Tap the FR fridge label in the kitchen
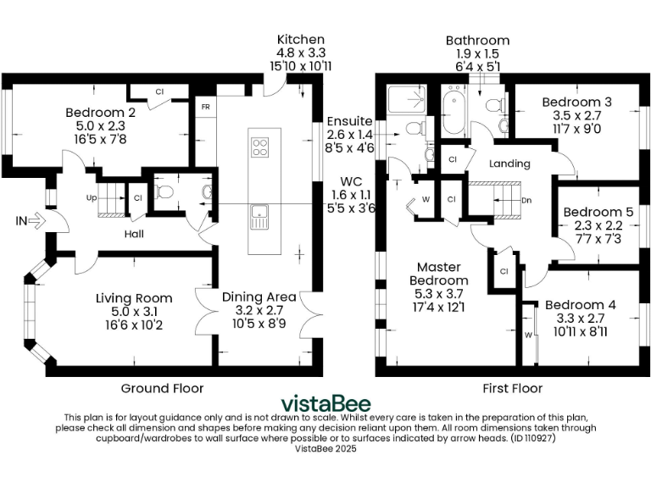tap(205, 108)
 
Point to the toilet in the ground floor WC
tap(166, 192)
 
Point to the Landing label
tap(510, 164)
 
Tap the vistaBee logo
tap(325, 403)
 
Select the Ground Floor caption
tap(161, 388)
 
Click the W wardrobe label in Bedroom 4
tap(530, 335)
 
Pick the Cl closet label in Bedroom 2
tap(159, 91)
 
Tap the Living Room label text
tap(134, 297)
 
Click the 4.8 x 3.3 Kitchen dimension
tap(300, 53)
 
